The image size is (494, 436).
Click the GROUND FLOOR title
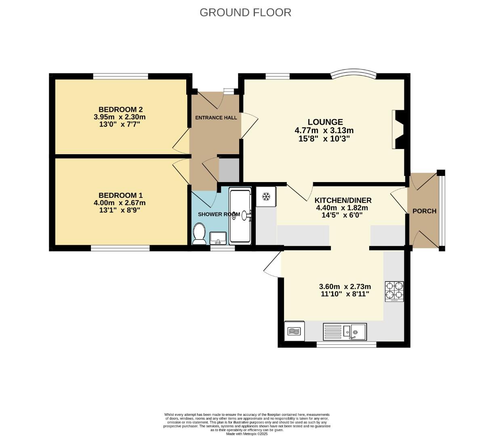[x=245, y=13]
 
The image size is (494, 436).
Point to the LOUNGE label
[x=325, y=122]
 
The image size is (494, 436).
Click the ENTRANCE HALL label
[x=216, y=118]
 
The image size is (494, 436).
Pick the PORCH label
[x=424, y=211]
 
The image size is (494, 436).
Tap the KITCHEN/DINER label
[x=343, y=200]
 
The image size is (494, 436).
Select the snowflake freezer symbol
[x=266, y=197]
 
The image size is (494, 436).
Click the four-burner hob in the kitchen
[x=394, y=291]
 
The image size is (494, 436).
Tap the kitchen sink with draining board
[x=345, y=331]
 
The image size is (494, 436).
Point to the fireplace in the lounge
[x=398, y=129]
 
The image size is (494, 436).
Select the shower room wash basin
[x=218, y=238]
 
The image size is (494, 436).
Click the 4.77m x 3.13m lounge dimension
[x=324, y=130]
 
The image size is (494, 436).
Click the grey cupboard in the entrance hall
[x=229, y=170]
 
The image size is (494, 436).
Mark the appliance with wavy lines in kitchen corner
[x=294, y=331]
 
